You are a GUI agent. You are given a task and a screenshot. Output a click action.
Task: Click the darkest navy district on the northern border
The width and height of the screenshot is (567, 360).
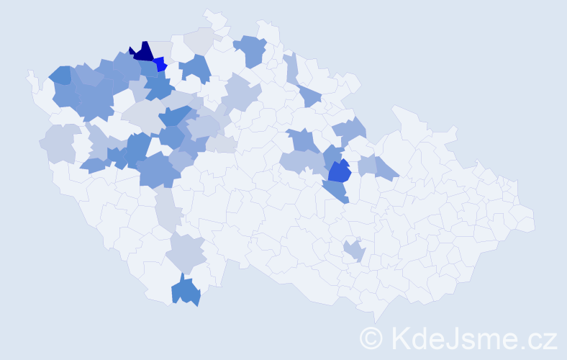tap(142, 53)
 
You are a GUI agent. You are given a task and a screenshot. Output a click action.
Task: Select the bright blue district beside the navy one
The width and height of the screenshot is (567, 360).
tap(160, 66)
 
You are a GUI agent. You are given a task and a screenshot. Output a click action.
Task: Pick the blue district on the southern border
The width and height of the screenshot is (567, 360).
tap(186, 292)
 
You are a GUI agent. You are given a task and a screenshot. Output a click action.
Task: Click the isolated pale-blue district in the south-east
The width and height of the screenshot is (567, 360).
tap(353, 251)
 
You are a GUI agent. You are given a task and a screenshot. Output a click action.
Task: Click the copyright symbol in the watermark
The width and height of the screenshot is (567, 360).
tap(372, 337)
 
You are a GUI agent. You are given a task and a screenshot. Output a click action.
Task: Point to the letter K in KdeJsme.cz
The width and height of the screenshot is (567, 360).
tap(399, 337)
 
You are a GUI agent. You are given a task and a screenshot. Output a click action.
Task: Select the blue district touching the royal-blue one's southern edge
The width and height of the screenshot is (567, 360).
tap(335, 191)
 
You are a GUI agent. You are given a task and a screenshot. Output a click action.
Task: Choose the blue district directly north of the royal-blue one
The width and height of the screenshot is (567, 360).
tap(332, 155)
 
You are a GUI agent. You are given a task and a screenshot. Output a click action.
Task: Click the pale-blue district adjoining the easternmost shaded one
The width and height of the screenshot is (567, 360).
tap(368, 165)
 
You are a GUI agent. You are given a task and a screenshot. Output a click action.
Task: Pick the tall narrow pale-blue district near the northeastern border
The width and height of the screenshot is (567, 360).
tap(291, 68)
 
